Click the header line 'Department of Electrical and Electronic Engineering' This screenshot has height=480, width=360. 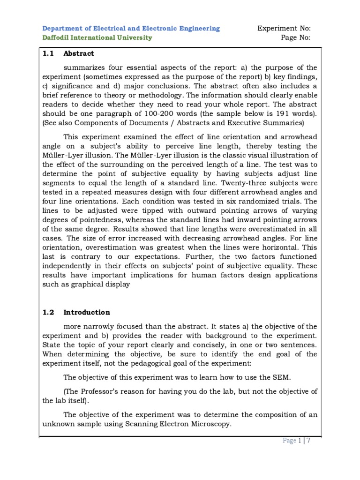131,29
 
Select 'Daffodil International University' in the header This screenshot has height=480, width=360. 97,37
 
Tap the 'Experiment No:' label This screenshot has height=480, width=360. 284,29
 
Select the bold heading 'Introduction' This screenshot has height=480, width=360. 87,312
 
